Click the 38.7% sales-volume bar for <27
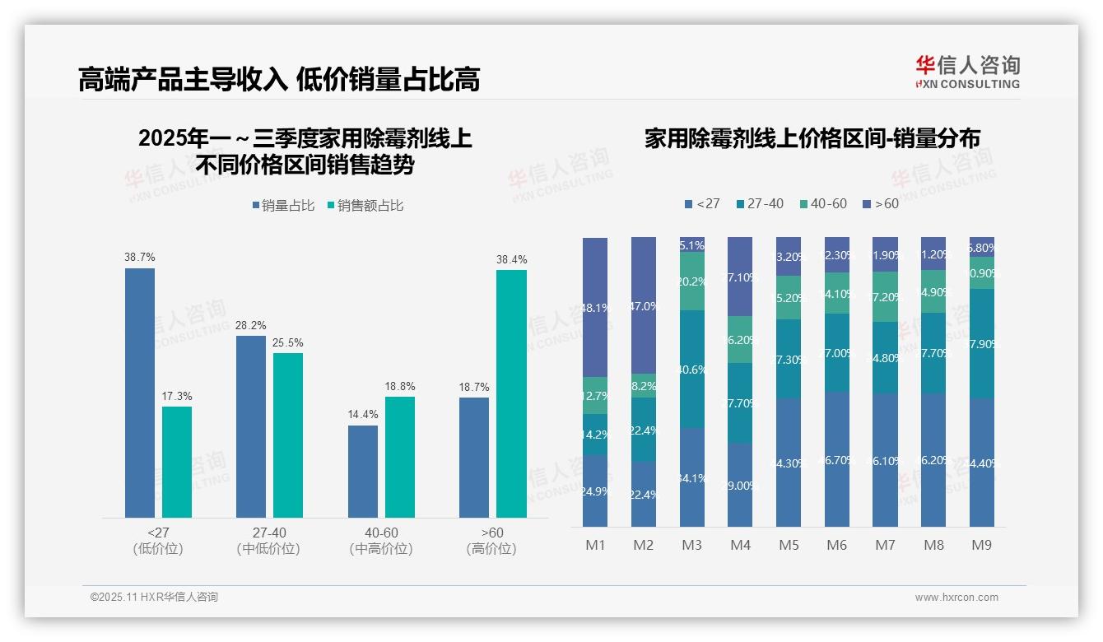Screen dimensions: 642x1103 pos(140,393)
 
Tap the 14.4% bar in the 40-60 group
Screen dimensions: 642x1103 pos(363,471)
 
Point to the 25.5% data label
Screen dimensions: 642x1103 pos(288,342)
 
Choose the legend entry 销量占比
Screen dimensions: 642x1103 pos(283,206)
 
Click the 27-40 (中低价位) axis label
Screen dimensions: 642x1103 pos(268,541)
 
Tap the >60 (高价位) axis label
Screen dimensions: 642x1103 pos(491,541)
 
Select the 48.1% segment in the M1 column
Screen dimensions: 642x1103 pos(595,307)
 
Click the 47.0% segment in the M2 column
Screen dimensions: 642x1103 pos(644,305)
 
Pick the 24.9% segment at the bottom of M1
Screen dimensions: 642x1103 pos(595,491)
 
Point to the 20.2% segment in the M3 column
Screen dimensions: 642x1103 pos(692,281)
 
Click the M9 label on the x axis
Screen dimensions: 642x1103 pos(981,545)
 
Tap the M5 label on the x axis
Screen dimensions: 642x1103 pos(789,545)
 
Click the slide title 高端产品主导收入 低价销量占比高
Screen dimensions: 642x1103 pos(279,79)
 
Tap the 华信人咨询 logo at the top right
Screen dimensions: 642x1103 pos(967,71)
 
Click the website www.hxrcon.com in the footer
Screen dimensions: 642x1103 pos(956,598)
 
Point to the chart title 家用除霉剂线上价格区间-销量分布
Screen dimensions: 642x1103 pos(812,138)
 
